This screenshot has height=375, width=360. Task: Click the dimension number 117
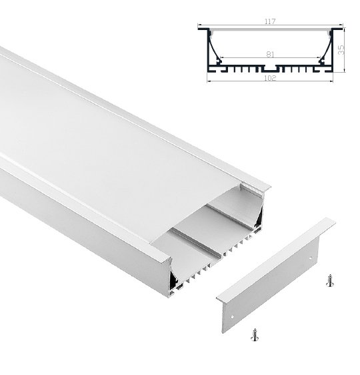(270, 21)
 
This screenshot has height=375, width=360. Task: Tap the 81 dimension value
(270, 55)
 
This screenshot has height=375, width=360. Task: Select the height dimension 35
(341, 50)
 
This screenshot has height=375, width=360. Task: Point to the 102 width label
(270, 78)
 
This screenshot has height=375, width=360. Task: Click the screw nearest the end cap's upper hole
(330, 280)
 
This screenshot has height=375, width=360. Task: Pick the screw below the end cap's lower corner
(255, 334)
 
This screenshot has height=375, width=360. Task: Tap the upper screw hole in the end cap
(310, 258)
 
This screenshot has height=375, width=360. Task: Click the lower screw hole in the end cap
(232, 317)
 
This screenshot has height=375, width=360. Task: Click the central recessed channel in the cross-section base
(270, 69)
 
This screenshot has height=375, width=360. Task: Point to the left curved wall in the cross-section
(213, 49)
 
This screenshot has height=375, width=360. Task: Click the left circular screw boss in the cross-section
(219, 61)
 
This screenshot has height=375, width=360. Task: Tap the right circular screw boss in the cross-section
(322, 61)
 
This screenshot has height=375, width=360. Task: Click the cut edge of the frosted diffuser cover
(195, 214)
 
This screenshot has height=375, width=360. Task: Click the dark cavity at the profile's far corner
(259, 218)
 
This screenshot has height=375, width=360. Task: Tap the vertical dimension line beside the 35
(345, 49)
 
